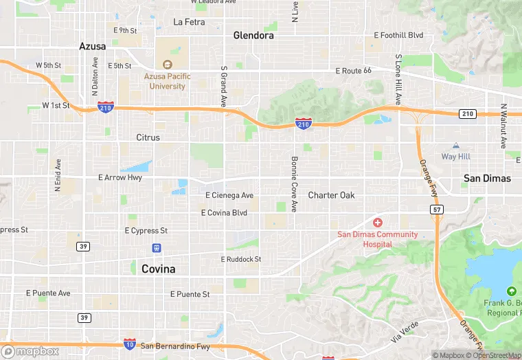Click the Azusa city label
tap(92, 46)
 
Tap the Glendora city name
tap(253, 35)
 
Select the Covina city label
tap(158, 269)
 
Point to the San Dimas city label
tap(487, 178)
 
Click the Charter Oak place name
tap(331, 195)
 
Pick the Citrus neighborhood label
tap(148, 137)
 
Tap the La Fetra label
tap(189, 22)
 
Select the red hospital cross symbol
tap(377, 223)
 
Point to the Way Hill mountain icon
tap(455, 146)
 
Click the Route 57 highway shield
tap(436, 209)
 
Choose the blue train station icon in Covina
tap(157, 248)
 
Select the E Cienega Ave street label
tap(229, 195)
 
